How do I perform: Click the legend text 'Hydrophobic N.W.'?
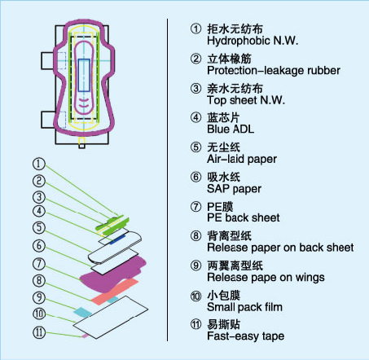253,41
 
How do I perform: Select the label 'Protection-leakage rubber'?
274,71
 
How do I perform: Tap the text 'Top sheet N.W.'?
246,100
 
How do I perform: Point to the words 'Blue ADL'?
231,130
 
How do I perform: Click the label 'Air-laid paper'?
242,159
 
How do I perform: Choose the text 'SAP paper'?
234,189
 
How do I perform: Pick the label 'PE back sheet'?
244,217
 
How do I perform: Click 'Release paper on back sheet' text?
280,248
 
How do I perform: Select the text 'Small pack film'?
244,307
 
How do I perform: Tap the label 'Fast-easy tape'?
246,336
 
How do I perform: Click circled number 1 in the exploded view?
39,164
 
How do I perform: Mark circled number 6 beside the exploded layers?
39,245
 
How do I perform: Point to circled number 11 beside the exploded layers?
39,332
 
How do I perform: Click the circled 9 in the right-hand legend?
195,266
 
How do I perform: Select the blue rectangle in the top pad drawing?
84,75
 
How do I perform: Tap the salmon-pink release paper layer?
115,291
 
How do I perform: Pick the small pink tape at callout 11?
86,336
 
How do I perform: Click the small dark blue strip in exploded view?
117,239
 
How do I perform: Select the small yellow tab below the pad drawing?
81,141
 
